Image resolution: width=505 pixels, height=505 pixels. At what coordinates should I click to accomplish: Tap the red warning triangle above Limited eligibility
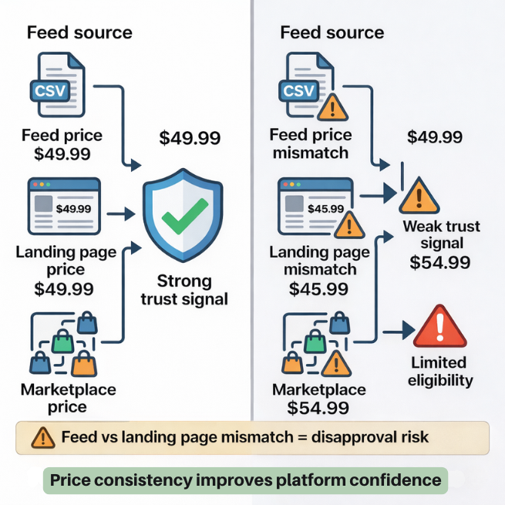tap(439, 327)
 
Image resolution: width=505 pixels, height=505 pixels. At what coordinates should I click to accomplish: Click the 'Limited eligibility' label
tap(439, 371)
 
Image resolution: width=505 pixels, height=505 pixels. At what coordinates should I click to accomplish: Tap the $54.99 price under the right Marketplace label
tap(318, 408)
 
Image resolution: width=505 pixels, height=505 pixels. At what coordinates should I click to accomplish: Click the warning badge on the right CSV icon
tap(333, 105)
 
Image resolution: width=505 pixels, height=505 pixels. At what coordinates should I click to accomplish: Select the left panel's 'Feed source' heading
tap(79, 32)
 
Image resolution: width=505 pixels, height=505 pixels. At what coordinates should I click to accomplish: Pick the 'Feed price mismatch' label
tap(309, 143)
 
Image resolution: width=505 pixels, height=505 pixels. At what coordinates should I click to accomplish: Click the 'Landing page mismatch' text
tap(320, 261)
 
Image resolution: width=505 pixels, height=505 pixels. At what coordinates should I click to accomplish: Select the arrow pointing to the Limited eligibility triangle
tap(395, 332)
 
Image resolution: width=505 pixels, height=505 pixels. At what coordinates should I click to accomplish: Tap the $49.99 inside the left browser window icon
tap(74, 208)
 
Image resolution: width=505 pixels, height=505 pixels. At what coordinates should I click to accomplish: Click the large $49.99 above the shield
tap(190, 138)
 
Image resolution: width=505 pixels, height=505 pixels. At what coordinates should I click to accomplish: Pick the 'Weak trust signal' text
tap(441, 235)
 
